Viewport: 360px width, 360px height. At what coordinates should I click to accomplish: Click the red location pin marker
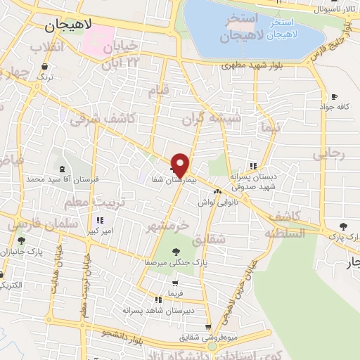[180, 165]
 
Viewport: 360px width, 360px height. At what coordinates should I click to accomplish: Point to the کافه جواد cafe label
[334, 107]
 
